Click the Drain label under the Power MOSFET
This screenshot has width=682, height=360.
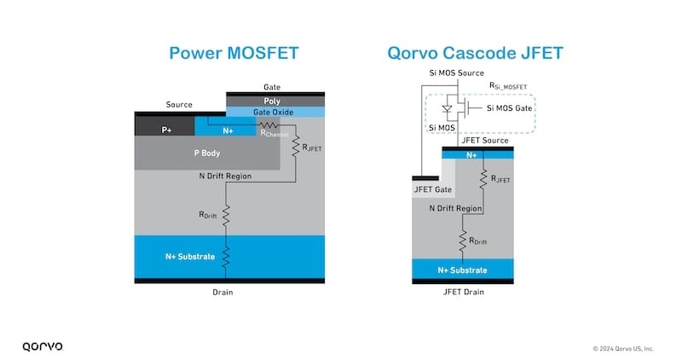[223, 292]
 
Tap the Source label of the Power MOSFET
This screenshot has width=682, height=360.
[179, 105]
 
